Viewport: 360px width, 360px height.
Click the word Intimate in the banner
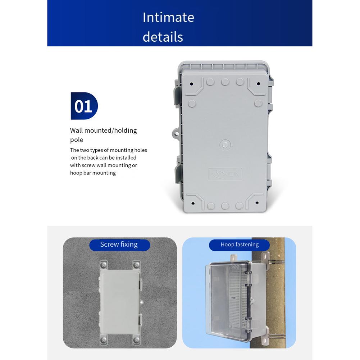click(168, 17)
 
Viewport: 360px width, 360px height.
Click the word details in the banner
click(163, 37)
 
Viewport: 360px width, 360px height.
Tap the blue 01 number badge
click(84, 106)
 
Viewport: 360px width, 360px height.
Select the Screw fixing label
click(119, 245)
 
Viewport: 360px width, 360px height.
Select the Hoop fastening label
click(240, 245)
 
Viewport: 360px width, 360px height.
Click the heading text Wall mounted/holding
click(103, 130)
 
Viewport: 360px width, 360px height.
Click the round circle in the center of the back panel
click(225, 145)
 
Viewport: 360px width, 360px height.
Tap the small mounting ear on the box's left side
click(176, 134)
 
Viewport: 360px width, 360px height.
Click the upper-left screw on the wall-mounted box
click(103, 265)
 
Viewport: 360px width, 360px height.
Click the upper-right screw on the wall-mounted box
click(136, 265)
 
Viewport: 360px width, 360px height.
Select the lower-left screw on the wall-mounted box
click(103, 339)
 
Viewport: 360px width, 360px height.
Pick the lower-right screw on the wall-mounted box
click(136, 339)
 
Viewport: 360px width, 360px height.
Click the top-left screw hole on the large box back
click(191, 84)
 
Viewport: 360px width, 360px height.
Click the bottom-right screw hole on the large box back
click(257, 203)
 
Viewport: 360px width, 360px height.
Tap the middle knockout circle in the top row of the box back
click(225, 82)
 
